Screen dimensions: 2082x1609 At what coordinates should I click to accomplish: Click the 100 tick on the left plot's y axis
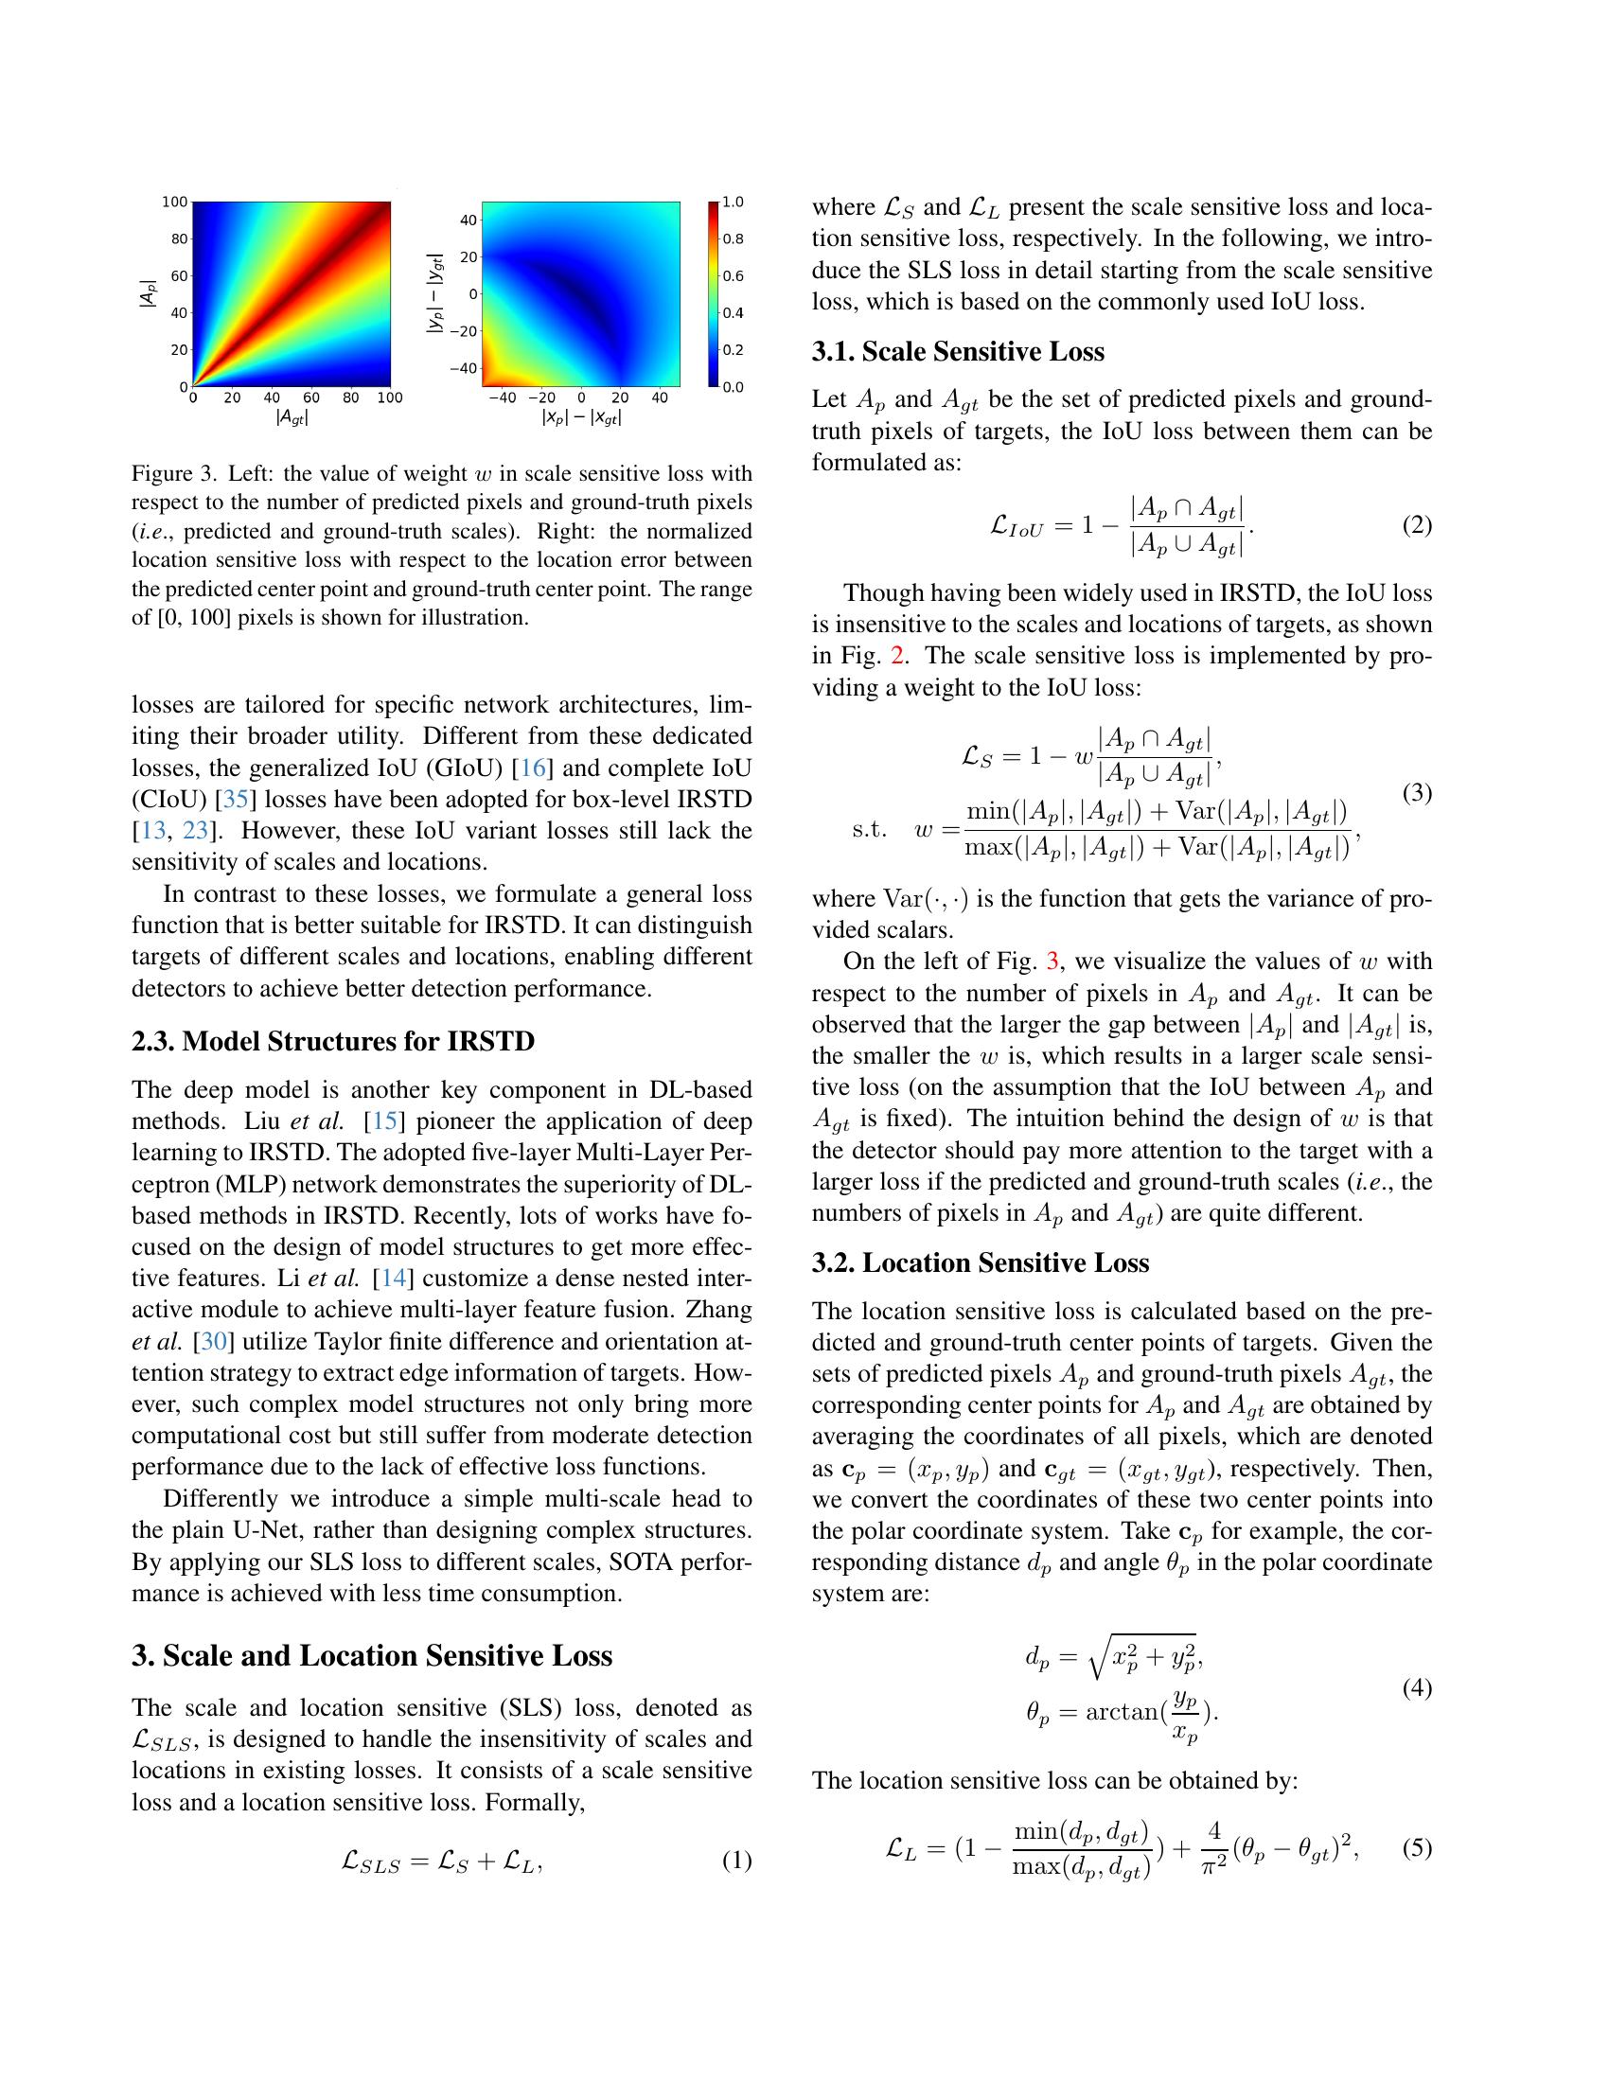(x=174, y=203)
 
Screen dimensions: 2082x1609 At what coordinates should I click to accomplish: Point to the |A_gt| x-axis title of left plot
(x=292, y=417)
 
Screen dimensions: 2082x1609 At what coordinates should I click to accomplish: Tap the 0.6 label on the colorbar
(x=732, y=276)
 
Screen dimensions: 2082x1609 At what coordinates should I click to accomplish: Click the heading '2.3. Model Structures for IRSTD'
(x=332, y=1040)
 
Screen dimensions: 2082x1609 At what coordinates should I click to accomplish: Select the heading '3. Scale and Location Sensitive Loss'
(x=372, y=1655)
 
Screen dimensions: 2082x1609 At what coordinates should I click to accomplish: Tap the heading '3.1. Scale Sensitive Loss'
(x=957, y=352)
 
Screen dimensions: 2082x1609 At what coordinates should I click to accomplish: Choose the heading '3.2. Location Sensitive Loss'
(x=980, y=1263)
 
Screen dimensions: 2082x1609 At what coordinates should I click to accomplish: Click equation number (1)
(x=735, y=1861)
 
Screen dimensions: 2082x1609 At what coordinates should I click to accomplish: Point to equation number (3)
(x=1417, y=792)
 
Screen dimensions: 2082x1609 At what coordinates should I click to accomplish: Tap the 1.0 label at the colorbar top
(x=732, y=203)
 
